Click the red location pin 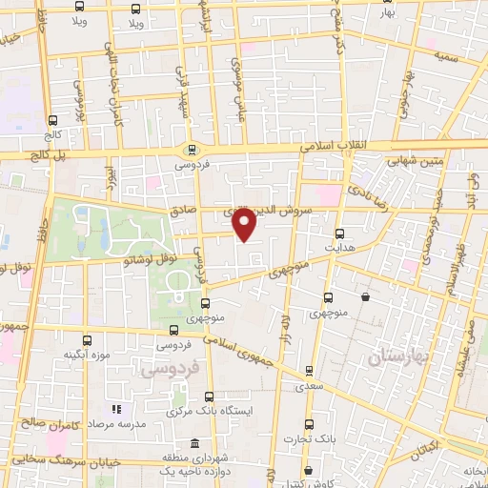[245, 225]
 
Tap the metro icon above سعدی [308, 372]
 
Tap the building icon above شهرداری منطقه [194, 444]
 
